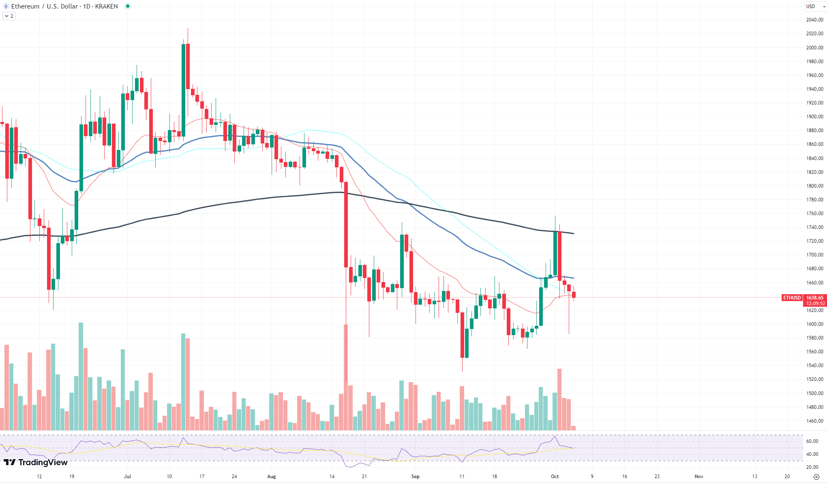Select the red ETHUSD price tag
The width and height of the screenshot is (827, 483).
(x=792, y=298)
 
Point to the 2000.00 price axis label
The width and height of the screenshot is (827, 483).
(x=815, y=47)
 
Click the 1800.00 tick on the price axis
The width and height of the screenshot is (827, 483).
(x=815, y=186)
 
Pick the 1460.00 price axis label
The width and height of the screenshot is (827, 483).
(x=815, y=421)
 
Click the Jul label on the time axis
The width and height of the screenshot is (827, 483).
(x=127, y=477)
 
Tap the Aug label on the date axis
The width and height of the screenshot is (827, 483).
(x=272, y=477)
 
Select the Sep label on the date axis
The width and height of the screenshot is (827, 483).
(x=415, y=477)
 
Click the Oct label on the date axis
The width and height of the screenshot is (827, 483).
(x=555, y=477)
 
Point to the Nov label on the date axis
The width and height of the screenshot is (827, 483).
(x=698, y=477)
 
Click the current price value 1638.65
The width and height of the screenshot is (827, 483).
(x=815, y=298)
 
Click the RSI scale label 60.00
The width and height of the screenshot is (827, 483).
(x=812, y=441)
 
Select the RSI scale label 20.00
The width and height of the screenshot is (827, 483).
(x=812, y=467)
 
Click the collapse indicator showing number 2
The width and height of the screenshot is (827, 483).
(x=9, y=16)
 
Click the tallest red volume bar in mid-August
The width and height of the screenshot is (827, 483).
(x=346, y=377)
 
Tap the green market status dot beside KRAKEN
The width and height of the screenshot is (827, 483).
(x=128, y=6)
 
